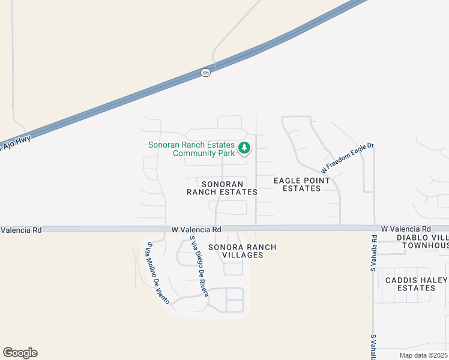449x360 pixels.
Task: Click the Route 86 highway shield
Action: (x=206, y=72)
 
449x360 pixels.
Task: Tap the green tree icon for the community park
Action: (x=244, y=148)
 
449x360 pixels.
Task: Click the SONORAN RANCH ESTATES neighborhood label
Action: (x=222, y=188)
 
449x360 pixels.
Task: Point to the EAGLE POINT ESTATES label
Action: (x=301, y=184)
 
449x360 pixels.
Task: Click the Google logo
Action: (x=20, y=353)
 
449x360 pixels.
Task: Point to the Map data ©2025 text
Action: (x=424, y=355)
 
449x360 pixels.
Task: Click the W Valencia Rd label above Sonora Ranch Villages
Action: (x=196, y=229)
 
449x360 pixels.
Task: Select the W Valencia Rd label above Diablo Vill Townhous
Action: (x=406, y=229)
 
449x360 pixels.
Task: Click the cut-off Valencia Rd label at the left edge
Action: (x=21, y=230)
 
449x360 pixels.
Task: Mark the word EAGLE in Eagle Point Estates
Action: (x=286, y=180)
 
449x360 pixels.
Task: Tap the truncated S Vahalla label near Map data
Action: (x=373, y=347)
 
